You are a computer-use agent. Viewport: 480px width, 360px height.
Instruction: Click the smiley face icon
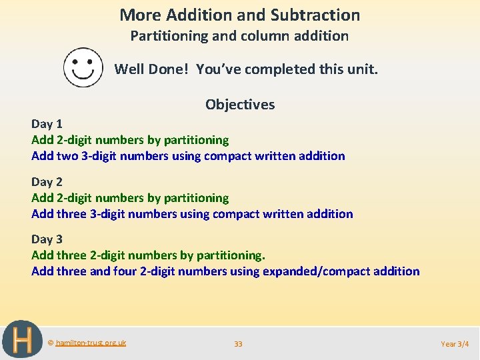83,67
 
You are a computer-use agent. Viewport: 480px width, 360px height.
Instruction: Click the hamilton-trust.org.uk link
91,343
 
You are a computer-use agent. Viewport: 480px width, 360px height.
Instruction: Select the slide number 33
238,344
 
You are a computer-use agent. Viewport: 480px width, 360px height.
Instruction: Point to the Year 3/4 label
455,344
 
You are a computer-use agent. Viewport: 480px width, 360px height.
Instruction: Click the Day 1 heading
47,123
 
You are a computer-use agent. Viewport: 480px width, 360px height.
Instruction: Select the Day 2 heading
47,181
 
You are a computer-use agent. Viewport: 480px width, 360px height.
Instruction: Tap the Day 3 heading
47,239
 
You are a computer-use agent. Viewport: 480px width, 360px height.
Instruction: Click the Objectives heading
240,104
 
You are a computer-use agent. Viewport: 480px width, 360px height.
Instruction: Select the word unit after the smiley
363,69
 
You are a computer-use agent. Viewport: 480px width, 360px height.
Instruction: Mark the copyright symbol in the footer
51,343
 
